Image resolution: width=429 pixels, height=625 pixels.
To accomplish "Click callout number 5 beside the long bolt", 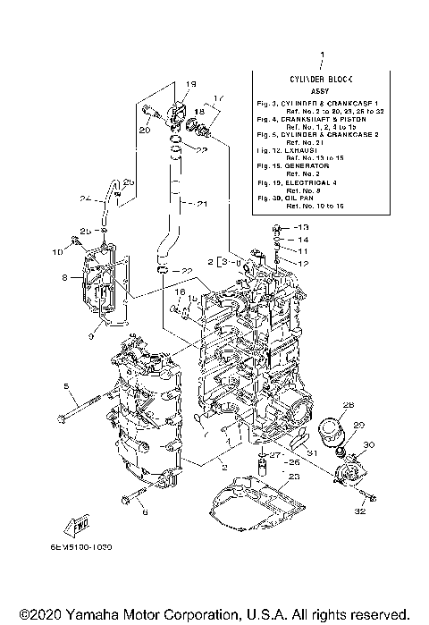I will coord(66,386).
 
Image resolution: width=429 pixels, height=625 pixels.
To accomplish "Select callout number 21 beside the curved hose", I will coord(202,204).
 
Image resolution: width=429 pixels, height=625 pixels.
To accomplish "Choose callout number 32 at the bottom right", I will coord(361,511).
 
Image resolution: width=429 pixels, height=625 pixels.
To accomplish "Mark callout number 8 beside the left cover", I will coord(64,278).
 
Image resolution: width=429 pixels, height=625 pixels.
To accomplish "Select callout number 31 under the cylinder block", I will coord(312,452).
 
